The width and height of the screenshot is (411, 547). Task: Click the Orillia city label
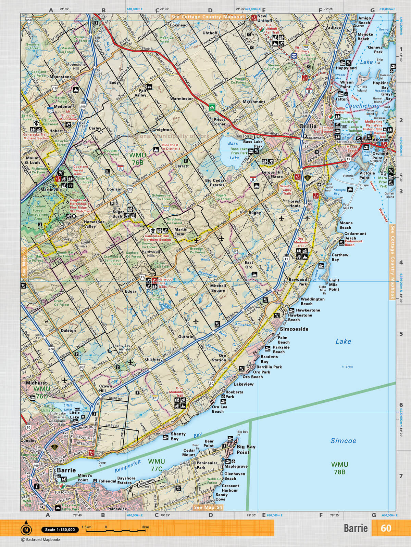[x=308, y=126]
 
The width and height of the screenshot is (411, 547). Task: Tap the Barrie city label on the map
[x=66, y=470]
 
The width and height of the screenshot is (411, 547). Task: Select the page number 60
[x=386, y=528]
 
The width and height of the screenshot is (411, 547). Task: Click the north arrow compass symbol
[x=26, y=530]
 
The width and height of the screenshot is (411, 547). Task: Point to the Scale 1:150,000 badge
[x=60, y=530]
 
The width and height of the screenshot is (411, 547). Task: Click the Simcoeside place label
[x=294, y=329]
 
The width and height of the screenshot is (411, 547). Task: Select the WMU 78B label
[x=339, y=468]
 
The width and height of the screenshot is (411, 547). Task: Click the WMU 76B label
[x=137, y=159]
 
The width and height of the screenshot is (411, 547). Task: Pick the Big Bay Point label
[x=246, y=449]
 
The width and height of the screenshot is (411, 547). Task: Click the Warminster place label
[x=182, y=98]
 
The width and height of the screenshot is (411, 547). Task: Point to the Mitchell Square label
[x=218, y=288]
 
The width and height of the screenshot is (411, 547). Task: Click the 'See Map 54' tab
[x=208, y=507]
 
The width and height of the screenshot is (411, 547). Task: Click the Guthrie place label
[x=186, y=336]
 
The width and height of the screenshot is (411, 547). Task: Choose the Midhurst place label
[x=36, y=383]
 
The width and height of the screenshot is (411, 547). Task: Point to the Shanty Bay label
[x=178, y=436]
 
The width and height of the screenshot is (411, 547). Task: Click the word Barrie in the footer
[x=356, y=528]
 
